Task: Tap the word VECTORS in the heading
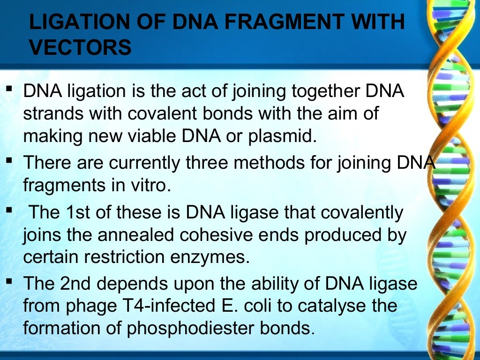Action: point(80,48)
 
